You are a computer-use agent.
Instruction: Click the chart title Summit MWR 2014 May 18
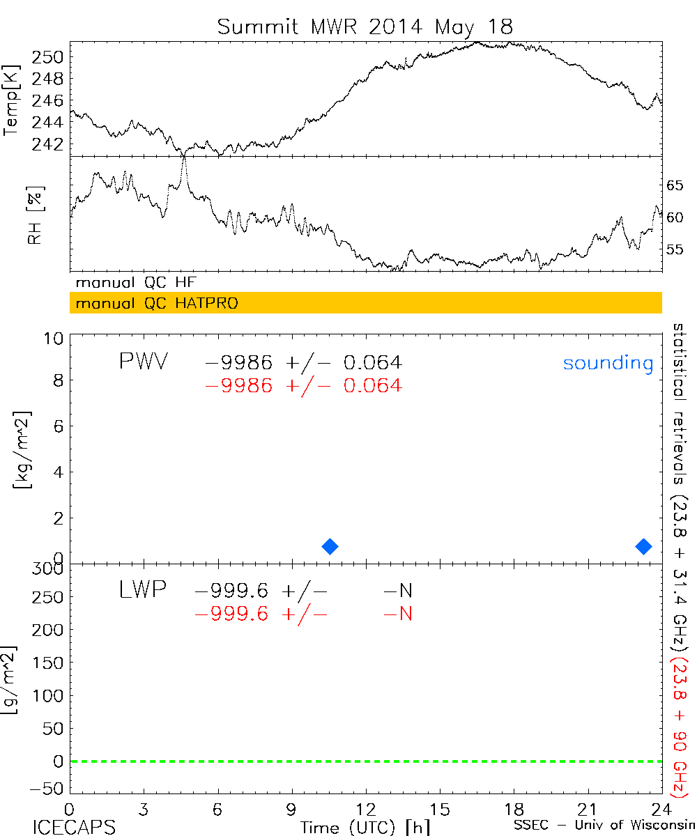pos(365,26)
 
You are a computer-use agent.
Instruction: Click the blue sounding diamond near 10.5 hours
pos(330,546)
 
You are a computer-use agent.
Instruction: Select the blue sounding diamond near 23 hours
pos(643,546)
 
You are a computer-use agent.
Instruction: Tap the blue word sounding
pos(608,363)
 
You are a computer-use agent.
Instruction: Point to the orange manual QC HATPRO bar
pos(365,303)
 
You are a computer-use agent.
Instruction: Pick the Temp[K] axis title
pos(12,100)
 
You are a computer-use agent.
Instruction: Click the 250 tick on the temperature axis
pos(51,56)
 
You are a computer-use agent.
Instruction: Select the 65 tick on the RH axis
pos(675,185)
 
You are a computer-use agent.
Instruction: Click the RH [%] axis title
pos(33,216)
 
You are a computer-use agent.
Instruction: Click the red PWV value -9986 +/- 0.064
pos(302,385)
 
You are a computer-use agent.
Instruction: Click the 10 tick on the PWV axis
pos(56,338)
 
